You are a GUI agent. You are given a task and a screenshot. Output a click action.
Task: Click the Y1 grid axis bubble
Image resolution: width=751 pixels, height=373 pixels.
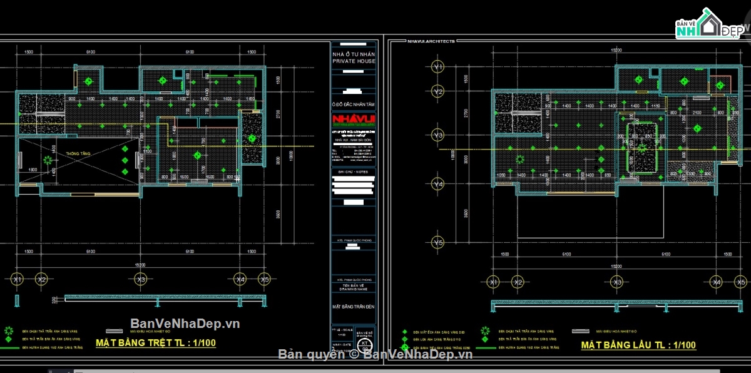pyautogui.click(x=438, y=66)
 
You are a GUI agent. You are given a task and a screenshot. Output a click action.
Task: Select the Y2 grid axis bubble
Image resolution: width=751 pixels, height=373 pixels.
pyautogui.click(x=438, y=92)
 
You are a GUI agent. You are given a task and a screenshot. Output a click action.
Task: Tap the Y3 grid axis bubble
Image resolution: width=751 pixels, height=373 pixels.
pyautogui.click(x=438, y=135)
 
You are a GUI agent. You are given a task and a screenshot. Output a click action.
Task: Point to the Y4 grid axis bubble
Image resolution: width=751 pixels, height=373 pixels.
pyautogui.click(x=438, y=185)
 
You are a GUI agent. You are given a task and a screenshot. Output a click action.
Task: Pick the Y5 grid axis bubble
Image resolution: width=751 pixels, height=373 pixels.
pyautogui.click(x=438, y=242)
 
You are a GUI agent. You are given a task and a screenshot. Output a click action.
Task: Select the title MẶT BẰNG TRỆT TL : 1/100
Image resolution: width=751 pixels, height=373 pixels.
pyautogui.click(x=155, y=343)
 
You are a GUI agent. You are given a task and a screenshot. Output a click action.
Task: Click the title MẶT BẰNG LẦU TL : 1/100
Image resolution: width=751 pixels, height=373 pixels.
pyautogui.click(x=638, y=345)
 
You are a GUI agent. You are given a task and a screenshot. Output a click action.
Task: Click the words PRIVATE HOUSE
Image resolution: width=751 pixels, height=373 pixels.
pyautogui.click(x=354, y=62)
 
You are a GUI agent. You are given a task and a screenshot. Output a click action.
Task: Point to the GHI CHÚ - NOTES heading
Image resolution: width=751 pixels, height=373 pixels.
pyautogui.click(x=354, y=170)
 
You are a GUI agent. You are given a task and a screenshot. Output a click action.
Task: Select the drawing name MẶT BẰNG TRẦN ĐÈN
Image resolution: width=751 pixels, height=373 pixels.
pyautogui.click(x=354, y=307)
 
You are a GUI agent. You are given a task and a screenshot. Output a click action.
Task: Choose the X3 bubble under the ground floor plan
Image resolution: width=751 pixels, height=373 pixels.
pyautogui.click(x=141, y=279)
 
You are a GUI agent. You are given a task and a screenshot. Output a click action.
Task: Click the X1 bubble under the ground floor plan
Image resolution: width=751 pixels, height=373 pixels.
pyautogui.click(x=18, y=279)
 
